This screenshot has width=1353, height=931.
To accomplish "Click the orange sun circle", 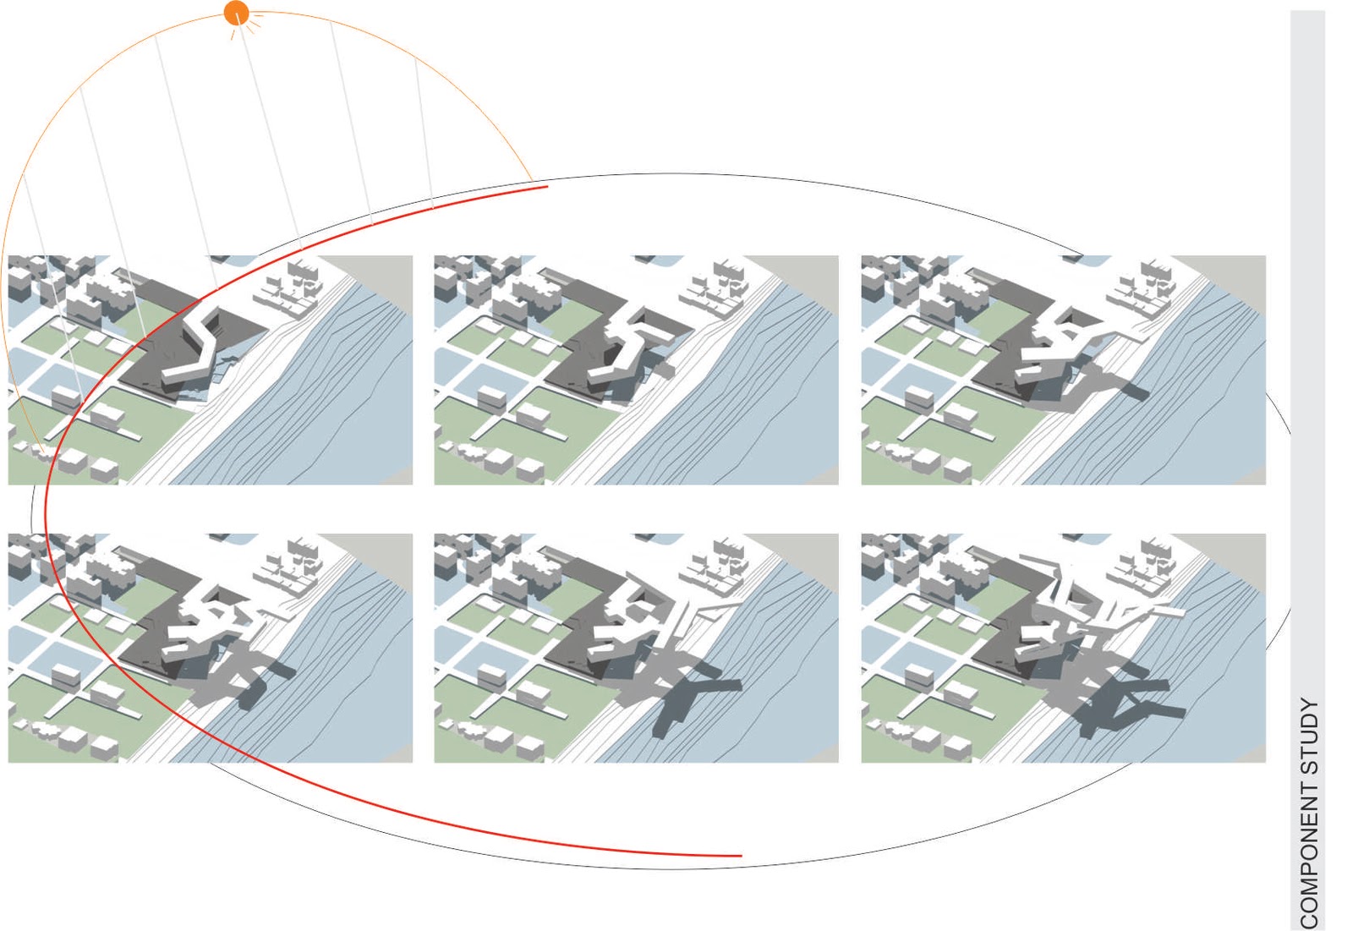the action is [x=236, y=14].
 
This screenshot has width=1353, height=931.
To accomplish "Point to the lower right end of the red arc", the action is [x=742, y=856].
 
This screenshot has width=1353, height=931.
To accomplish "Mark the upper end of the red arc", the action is [x=548, y=187].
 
